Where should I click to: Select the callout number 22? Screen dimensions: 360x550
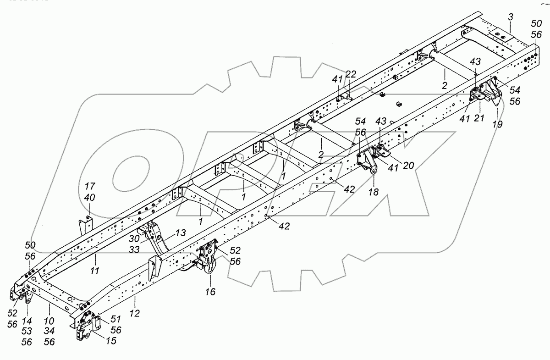tap(351, 75)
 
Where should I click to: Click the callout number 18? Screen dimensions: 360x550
tap(374, 192)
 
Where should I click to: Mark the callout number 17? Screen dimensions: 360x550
tap(90, 187)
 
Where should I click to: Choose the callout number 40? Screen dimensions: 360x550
tap(90, 198)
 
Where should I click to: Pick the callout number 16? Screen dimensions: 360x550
tap(210, 292)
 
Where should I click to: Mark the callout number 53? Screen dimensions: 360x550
tap(27, 331)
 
